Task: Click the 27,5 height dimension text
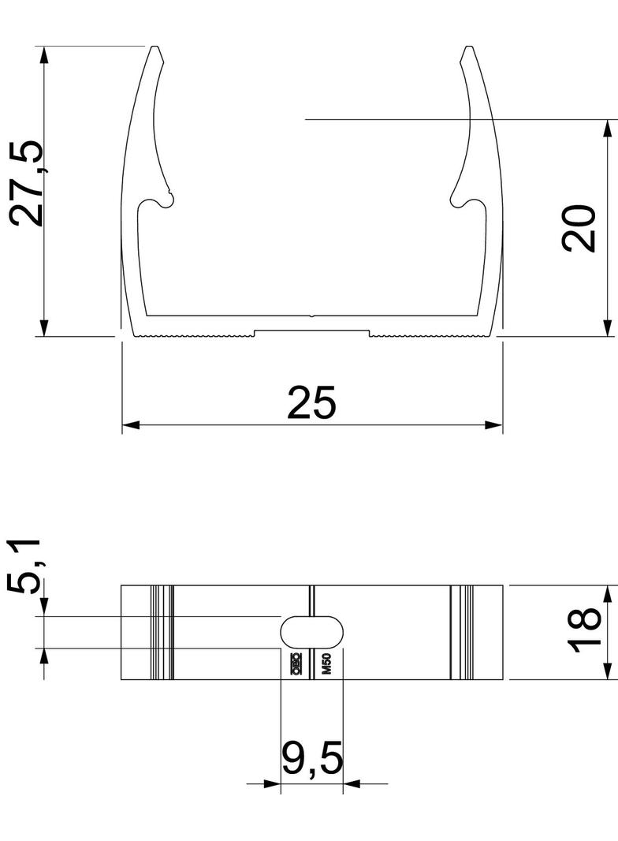[27, 184]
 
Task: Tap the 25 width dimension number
[311, 402]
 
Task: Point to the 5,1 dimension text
[25, 566]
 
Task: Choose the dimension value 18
[585, 631]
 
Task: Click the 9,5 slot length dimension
[312, 759]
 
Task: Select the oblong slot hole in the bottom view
[313, 632]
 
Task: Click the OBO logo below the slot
[296, 665]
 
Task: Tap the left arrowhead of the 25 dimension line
[130, 425]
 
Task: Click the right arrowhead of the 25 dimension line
[494, 425]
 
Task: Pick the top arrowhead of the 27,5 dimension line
[44, 55]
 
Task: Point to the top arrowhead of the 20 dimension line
[608, 129]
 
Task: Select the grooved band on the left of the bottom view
[162, 632]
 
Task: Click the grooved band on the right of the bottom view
[462, 632]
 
